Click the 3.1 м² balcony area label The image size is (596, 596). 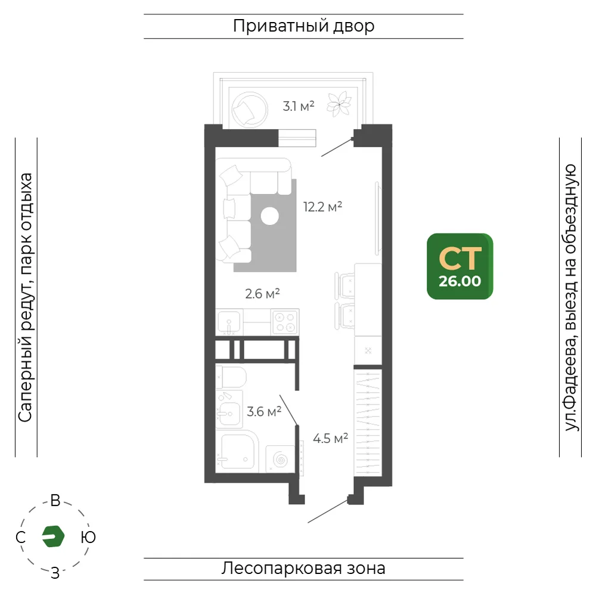coord(299,106)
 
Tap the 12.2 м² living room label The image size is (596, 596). coord(322,207)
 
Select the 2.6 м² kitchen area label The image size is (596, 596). coord(262,293)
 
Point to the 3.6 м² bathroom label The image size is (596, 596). coord(264,411)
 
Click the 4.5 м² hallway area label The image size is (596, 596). coord(330,438)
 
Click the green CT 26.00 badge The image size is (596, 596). coord(460,266)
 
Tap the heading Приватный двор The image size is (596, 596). coord(304,26)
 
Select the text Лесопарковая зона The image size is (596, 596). coord(303,569)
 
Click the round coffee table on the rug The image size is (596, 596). coord(270,216)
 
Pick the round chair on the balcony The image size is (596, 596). coord(249,109)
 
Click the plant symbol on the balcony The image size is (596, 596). coord(339,104)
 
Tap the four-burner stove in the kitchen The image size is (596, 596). coord(285,322)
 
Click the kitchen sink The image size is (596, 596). coord(229,322)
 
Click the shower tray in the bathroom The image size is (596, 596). coord(237,452)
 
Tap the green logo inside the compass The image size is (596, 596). coord(53,536)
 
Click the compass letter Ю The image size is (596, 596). coord(88,537)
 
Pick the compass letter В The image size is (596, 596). coord(55,501)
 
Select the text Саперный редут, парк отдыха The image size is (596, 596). coord(26,297)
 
